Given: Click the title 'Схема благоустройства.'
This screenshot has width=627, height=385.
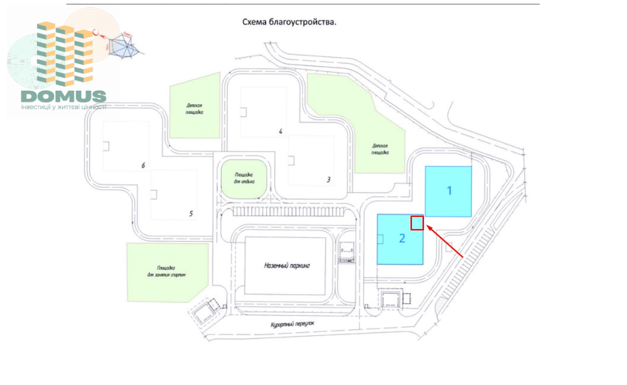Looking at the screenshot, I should coord(289,23).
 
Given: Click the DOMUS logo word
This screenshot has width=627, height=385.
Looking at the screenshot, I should coord(64,97).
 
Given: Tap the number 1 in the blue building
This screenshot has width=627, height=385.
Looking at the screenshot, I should coord(449,191).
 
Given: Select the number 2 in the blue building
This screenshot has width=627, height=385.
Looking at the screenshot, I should coord(402,238).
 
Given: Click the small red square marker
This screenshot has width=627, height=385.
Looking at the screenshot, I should coord(417,222).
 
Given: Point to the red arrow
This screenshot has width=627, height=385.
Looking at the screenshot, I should coord(445,242).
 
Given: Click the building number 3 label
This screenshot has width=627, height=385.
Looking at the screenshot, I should coord(328,180).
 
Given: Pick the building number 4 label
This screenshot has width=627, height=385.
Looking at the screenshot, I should coord(280,131).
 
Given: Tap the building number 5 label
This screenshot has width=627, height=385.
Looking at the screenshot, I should coord(191,214).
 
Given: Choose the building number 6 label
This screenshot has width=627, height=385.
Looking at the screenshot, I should coord(143,165).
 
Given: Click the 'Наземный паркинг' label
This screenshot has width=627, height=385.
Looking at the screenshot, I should coord(287,265).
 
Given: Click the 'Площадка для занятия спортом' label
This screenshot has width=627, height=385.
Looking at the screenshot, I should coord(167,271).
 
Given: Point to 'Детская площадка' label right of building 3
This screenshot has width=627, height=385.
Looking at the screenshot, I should coord(380,149).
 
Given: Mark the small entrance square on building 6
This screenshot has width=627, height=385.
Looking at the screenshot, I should coord(106,147).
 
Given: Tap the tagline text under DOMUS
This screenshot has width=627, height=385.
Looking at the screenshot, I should coord(64,107).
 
